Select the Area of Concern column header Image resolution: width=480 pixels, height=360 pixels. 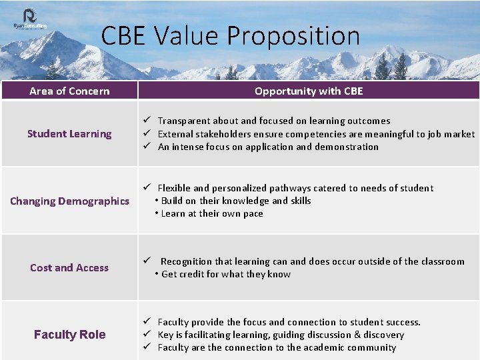coord(69,91)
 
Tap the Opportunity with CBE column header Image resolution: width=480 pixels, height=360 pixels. coord(309,91)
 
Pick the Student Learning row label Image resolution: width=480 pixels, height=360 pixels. coord(69,133)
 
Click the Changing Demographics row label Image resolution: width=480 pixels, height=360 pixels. coord(69,201)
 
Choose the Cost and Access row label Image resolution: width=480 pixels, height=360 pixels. coord(69,267)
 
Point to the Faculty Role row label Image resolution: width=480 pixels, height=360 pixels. coord(69,335)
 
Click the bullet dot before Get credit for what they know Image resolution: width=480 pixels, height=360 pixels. coord(157,274)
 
